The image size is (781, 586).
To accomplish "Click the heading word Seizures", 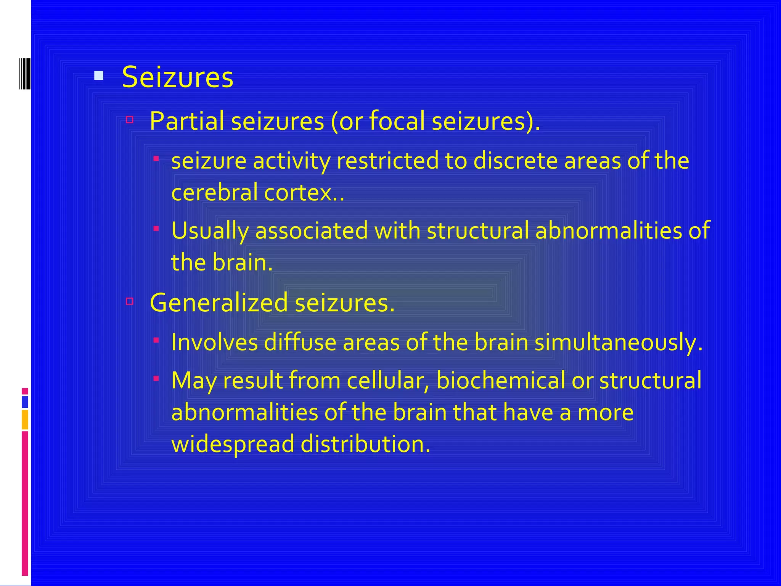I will click(x=177, y=77).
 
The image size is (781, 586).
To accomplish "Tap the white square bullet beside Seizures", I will click(x=99, y=76).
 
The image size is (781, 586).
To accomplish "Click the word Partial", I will click(x=186, y=121).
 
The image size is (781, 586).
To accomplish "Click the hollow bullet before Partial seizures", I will click(x=130, y=120).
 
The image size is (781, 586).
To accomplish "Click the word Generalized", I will click(x=219, y=303).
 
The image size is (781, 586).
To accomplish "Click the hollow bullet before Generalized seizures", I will click(x=130, y=301).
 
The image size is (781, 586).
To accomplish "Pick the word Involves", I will click(x=214, y=342).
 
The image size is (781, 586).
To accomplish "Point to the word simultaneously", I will click(x=618, y=342).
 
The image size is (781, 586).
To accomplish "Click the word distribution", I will click(x=365, y=444).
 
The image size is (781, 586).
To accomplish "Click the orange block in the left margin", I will click(x=25, y=419).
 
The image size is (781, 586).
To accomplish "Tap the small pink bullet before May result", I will click(x=156, y=378).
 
